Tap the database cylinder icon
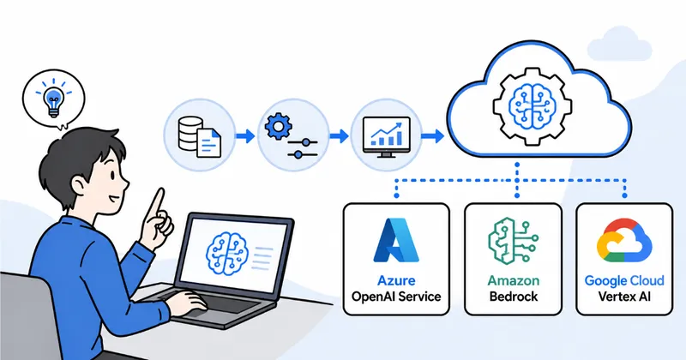click(x=190, y=135)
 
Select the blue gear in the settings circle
click(x=278, y=126)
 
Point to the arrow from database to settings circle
click(x=245, y=136)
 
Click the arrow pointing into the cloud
click(x=433, y=136)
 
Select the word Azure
click(x=396, y=280)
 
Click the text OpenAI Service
click(x=396, y=297)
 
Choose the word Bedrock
click(x=514, y=297)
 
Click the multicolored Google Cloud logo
click(x=624, y=240)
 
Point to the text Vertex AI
click(x=624, y=297)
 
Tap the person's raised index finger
click(x=157, y=205)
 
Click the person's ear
click(x=79, y=186)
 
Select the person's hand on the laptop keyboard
click(x=185, y=302)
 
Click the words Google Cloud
click(x=624, y=280)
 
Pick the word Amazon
click(x=514, y=280)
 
